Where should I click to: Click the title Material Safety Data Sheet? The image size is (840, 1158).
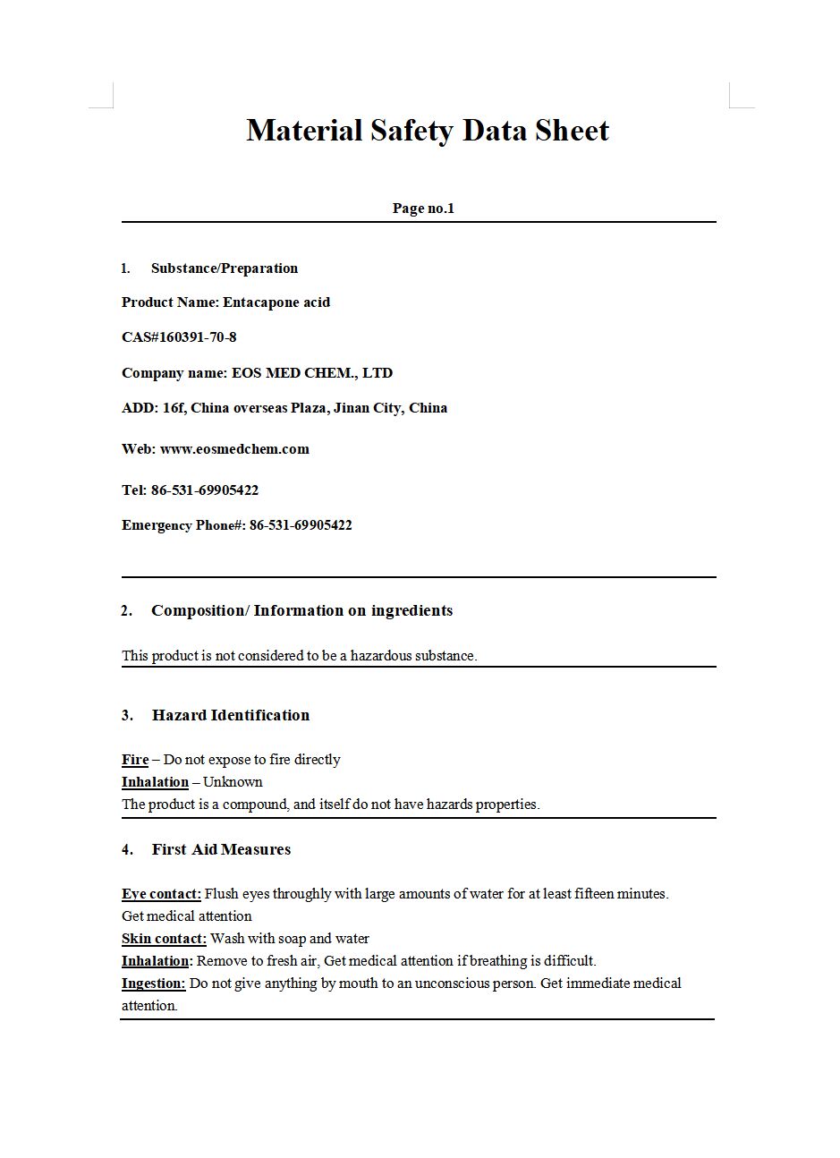[x=428, y=131]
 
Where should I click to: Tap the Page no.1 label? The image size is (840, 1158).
[x=423, y=209]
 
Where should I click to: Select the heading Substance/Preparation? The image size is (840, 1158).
[x=225, y=268]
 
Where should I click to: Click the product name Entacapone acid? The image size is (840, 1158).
[x=276, y=302]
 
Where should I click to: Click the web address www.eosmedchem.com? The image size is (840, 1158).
[x=234, y=449]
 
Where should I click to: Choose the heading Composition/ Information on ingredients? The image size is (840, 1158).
[x=301, y=611]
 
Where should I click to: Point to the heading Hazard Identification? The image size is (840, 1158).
[x=231, y=715]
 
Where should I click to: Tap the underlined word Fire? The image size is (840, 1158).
[x=135, y=760]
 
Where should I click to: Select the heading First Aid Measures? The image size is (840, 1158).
[x=221, y=849]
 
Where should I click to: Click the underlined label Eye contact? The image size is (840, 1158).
[x=161, y=894]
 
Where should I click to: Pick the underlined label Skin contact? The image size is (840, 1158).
[x=164, y=939]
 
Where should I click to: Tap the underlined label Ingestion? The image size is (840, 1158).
[x=154, y=983]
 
